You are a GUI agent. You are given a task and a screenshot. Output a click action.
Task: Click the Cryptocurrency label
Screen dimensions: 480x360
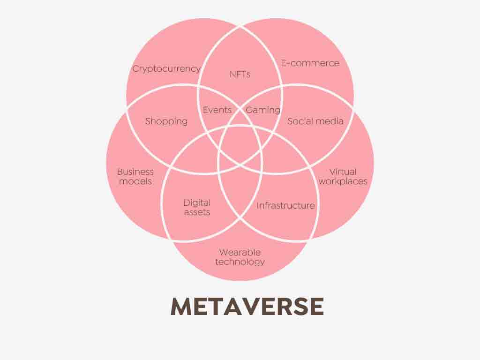coord(166,69)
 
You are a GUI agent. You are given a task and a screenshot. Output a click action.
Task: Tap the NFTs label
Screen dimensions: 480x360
coord(240,75)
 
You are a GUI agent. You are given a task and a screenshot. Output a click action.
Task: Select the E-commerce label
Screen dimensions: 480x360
coord(310,63)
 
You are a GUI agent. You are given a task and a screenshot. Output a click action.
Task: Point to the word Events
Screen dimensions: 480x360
coord(217,110)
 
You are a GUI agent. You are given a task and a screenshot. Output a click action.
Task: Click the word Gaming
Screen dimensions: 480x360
coord(263,110)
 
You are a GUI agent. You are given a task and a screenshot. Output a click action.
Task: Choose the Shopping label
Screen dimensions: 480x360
coord(166,121)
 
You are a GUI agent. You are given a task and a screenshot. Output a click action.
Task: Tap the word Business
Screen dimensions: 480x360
coord(135,172)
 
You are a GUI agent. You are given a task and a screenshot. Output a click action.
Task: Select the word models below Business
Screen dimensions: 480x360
coord(135,181)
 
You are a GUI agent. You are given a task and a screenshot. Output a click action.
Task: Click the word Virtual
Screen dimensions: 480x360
coord(343,172)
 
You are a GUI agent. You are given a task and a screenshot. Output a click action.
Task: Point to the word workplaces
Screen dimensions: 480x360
coord(343,181)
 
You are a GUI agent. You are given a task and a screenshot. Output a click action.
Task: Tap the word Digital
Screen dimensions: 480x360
coord(197,203)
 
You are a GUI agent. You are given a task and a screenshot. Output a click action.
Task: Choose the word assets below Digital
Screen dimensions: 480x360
coord(197,212)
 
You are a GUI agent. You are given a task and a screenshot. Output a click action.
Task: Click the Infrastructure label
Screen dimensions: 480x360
coord(285,205)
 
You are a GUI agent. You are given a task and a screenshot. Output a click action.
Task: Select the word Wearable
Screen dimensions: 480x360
coord(240,253)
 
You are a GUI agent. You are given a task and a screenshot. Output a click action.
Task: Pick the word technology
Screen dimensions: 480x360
coord(240,262)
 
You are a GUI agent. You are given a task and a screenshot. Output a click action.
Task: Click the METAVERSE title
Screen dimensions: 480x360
coord(247,307)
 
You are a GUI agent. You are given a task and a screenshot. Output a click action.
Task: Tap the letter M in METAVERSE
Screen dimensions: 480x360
coord(181,307)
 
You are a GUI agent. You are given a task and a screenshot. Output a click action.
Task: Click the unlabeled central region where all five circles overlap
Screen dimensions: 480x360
coord(240,146)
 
